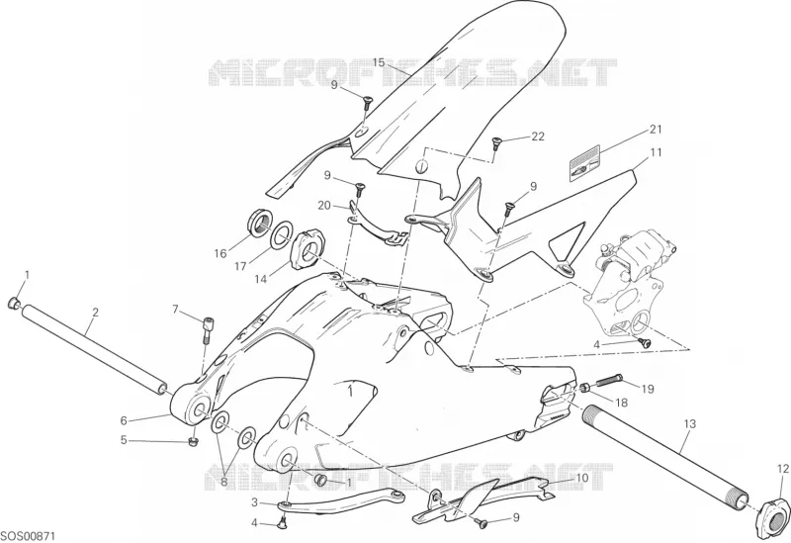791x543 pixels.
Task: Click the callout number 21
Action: (x=655, y=130)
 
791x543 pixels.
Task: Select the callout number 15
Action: (x=380, y=62)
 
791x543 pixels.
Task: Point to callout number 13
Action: (x=689, y=424)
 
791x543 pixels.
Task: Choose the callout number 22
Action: (x=538, y=136)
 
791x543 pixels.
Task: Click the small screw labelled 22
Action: (x=497, y=142)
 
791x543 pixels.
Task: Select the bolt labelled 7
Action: (x=208, y=328)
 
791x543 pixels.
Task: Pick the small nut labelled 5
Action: (x=192, y=441)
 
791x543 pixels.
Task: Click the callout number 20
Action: (x=325, y=206)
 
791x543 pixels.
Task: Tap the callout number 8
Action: (x=225, y=482)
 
